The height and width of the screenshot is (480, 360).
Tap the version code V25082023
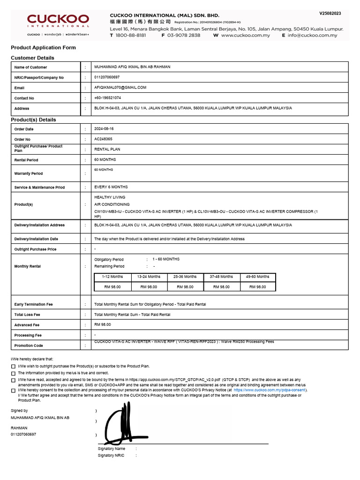[x=330, y=14]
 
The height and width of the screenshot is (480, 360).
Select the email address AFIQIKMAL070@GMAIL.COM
[x=120, y=88]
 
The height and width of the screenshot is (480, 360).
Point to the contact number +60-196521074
[x=108, y=98]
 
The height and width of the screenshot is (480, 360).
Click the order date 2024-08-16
[x=104, y=129]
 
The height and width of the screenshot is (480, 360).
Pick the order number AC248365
[x=103, y=139]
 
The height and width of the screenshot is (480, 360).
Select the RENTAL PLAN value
[x=107, y=150]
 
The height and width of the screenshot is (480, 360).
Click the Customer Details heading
[x=32, y=58]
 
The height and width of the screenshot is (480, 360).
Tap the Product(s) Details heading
[x=33, y=120]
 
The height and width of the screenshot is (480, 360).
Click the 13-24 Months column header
[x=149, y=277]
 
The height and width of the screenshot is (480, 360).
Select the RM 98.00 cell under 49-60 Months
[x=257, y=287]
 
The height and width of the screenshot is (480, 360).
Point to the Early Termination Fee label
[x=34, y=305]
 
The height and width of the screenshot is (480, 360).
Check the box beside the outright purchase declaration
[x=13, y=366]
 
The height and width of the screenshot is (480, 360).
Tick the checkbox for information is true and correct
[x=13, y=373]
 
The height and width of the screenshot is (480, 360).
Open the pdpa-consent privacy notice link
[x=270, y=390]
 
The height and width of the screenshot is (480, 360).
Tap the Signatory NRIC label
[x=111, y=456]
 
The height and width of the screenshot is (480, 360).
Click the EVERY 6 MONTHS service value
[x=111, y=187]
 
